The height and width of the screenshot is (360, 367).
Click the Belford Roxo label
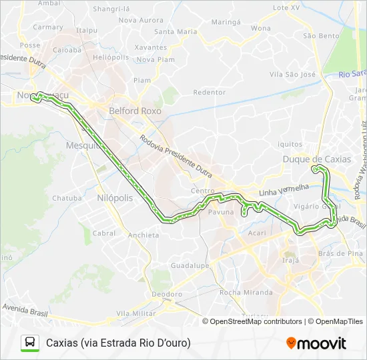(x=135, y=111)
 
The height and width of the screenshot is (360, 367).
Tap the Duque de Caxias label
(x=316, y=159)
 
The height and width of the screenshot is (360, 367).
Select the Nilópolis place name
(x=115, y=198)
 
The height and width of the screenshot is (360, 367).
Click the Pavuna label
(x=221, y=212)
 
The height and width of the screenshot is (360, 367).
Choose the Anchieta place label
(x=143, y=235)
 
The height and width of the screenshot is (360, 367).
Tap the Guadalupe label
(x=190, y=265)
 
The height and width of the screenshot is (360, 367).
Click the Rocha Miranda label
(x=246, y=292)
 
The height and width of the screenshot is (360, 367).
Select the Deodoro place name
(x=167, y=294)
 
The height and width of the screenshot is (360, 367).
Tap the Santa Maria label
(x=175, y=31)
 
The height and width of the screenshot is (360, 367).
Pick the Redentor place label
(x=209, y=92)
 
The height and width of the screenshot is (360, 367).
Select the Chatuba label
(x=67, y=198)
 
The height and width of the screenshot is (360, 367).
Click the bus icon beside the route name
(x=30, y=343)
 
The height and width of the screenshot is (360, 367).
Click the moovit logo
(x=316, y=343)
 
